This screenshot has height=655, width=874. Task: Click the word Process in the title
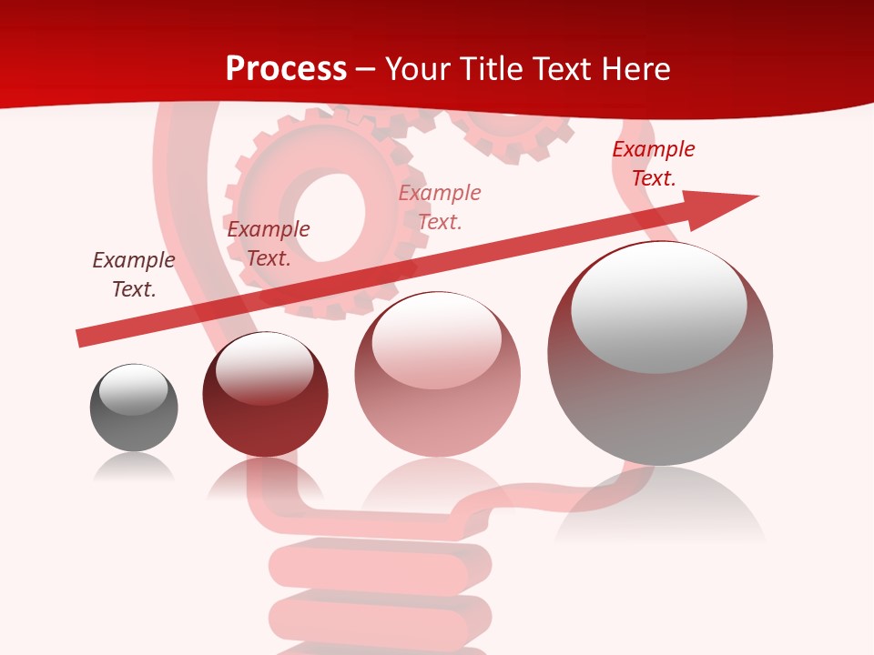[x=286, y=69]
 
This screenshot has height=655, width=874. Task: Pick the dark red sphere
[x=265, y=396]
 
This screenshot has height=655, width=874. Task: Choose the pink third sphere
[x=437, y=375]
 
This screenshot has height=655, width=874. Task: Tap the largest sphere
[x=660, y=355]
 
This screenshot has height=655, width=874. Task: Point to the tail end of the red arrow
[x=82, y=338]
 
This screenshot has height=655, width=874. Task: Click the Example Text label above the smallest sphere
[x=134, y=275]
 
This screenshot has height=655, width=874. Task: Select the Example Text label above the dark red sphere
[x=269, y=244]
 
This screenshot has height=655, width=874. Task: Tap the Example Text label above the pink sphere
[x=440, y=207]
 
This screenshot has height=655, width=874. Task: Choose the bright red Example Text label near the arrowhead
[x=654, y=164]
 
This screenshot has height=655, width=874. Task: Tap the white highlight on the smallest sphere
[x=134, y=388]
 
